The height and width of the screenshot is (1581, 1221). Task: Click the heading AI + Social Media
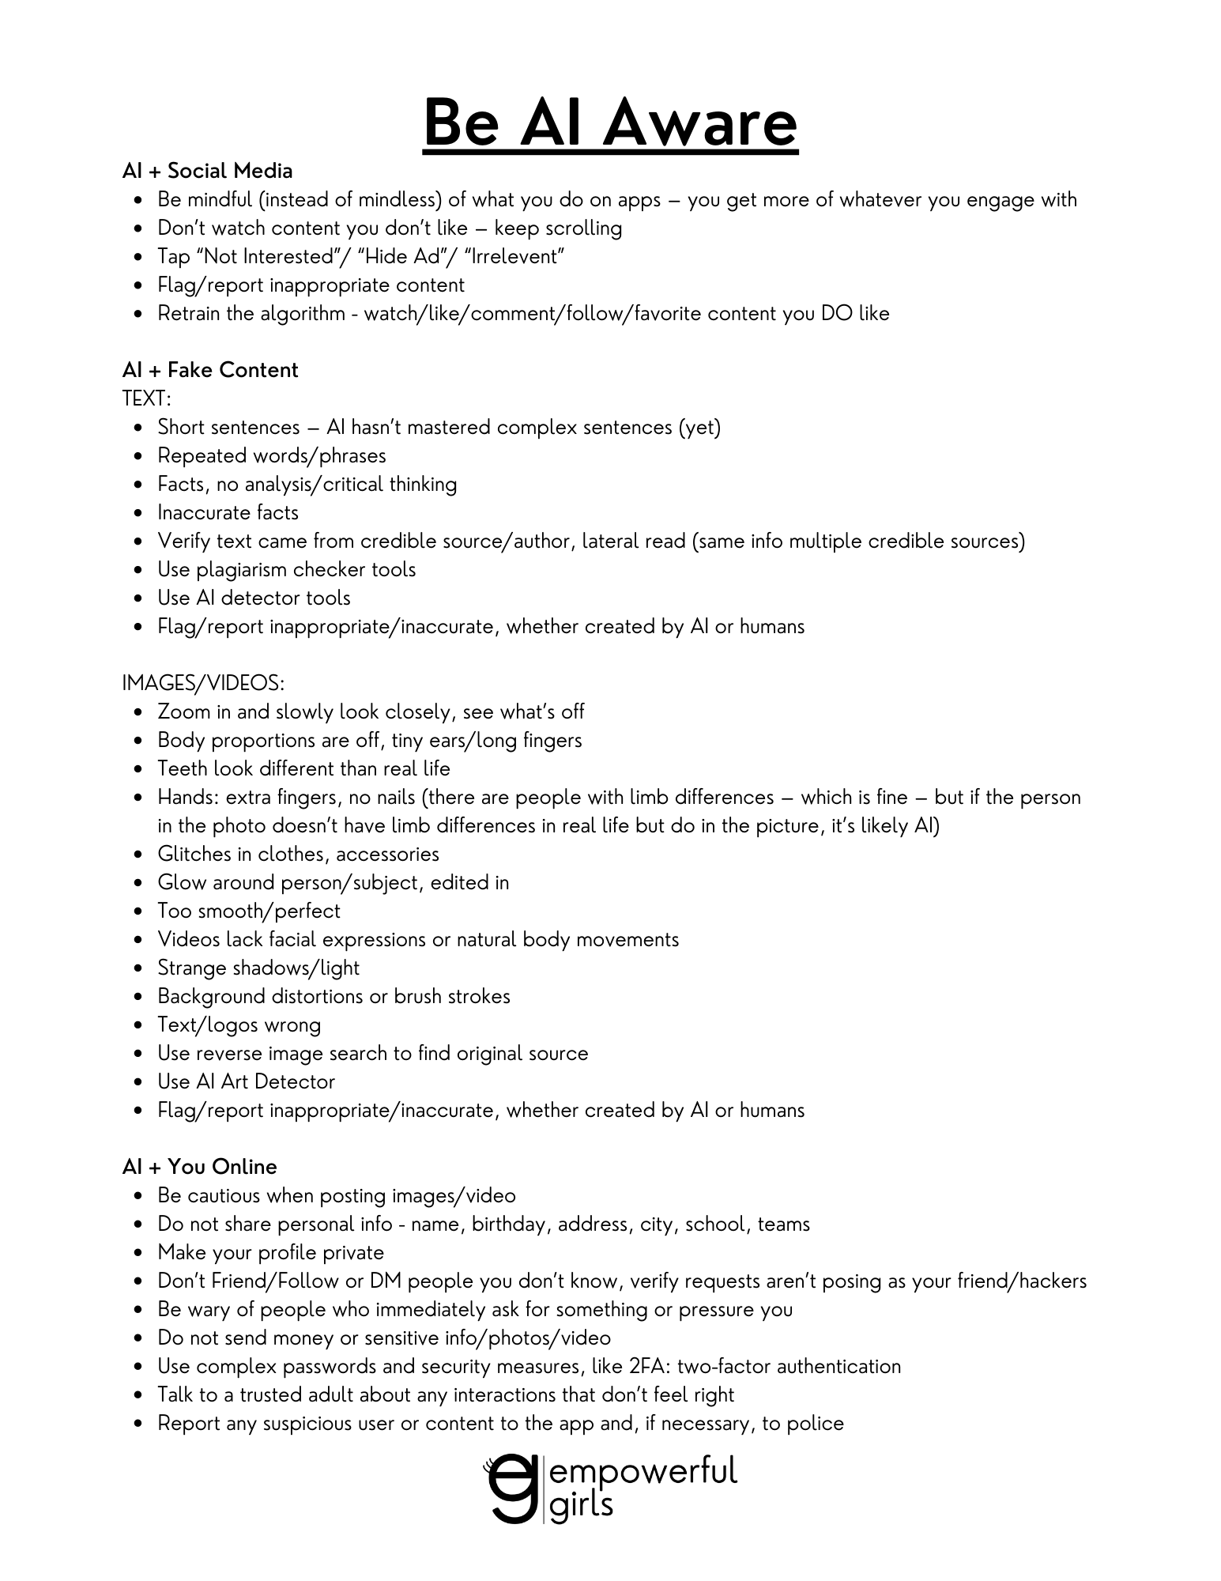pyautogui.click(x=207, y=171)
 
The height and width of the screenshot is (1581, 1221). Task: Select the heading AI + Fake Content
pyautogui.click(x=210, y=370)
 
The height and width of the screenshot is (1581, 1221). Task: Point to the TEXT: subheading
pyautogui.click(x=146, y=398)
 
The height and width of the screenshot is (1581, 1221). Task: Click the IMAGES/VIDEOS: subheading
pyautogui.click(x=203, y=683)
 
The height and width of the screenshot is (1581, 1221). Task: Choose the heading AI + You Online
pyautogui.click(x=199, y=1167)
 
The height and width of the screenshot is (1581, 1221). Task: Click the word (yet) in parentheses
pyautogui.click(x=699, y=427)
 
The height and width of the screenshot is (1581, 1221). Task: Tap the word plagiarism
pyautogui.click(x=242, y=569)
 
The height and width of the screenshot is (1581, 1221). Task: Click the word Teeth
pyautogui.click(x=183, y=768)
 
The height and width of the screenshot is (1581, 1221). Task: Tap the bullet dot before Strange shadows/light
pyautogui.click(x=139, y=968)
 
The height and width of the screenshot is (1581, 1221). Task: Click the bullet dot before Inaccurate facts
pyautogui.click(x=139, y=513)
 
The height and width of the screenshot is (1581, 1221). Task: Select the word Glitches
pyautogui.click(x=194, y=854)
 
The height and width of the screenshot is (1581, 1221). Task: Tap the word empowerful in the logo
pyautogui.click(x=643, y=1472)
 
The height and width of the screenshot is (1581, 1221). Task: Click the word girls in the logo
pyautogui.click(x=581, y=1505)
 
